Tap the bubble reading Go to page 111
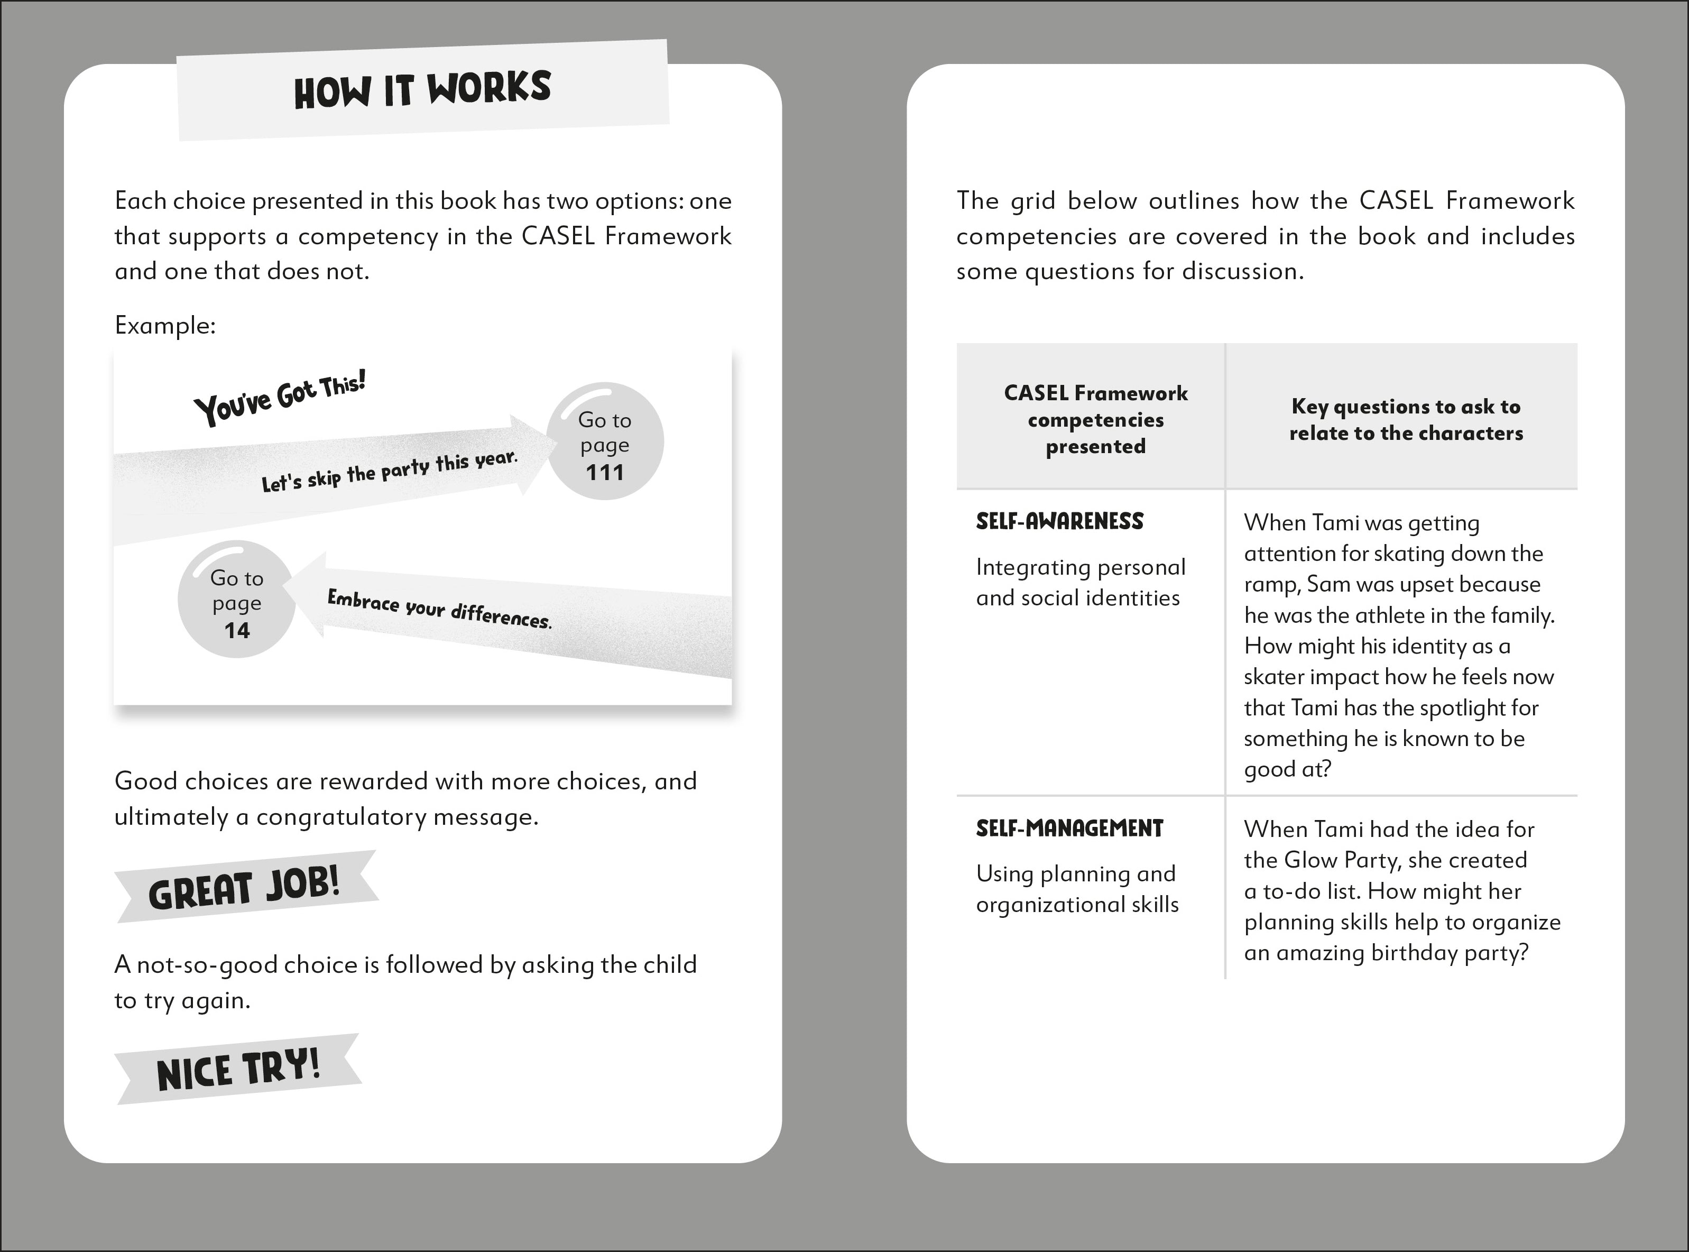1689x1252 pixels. pyautogui.click(x=605, y=443)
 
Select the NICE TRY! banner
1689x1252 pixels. pyautogui.click(x=238, y=1070)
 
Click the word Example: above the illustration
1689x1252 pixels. pyautogui.click(x=165, y=326)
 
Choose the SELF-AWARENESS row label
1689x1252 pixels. pyautogui.click(x=1059, y=521)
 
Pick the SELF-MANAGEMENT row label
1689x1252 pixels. pyautogui.click(x=1069, y=828)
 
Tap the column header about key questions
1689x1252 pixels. pyautogui.click(x=1406, y=419)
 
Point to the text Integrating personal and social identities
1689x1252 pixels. pyautogui.click(x=1081, y=582)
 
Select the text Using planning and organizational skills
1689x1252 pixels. pyautogui.click(x=1077, y=889)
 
